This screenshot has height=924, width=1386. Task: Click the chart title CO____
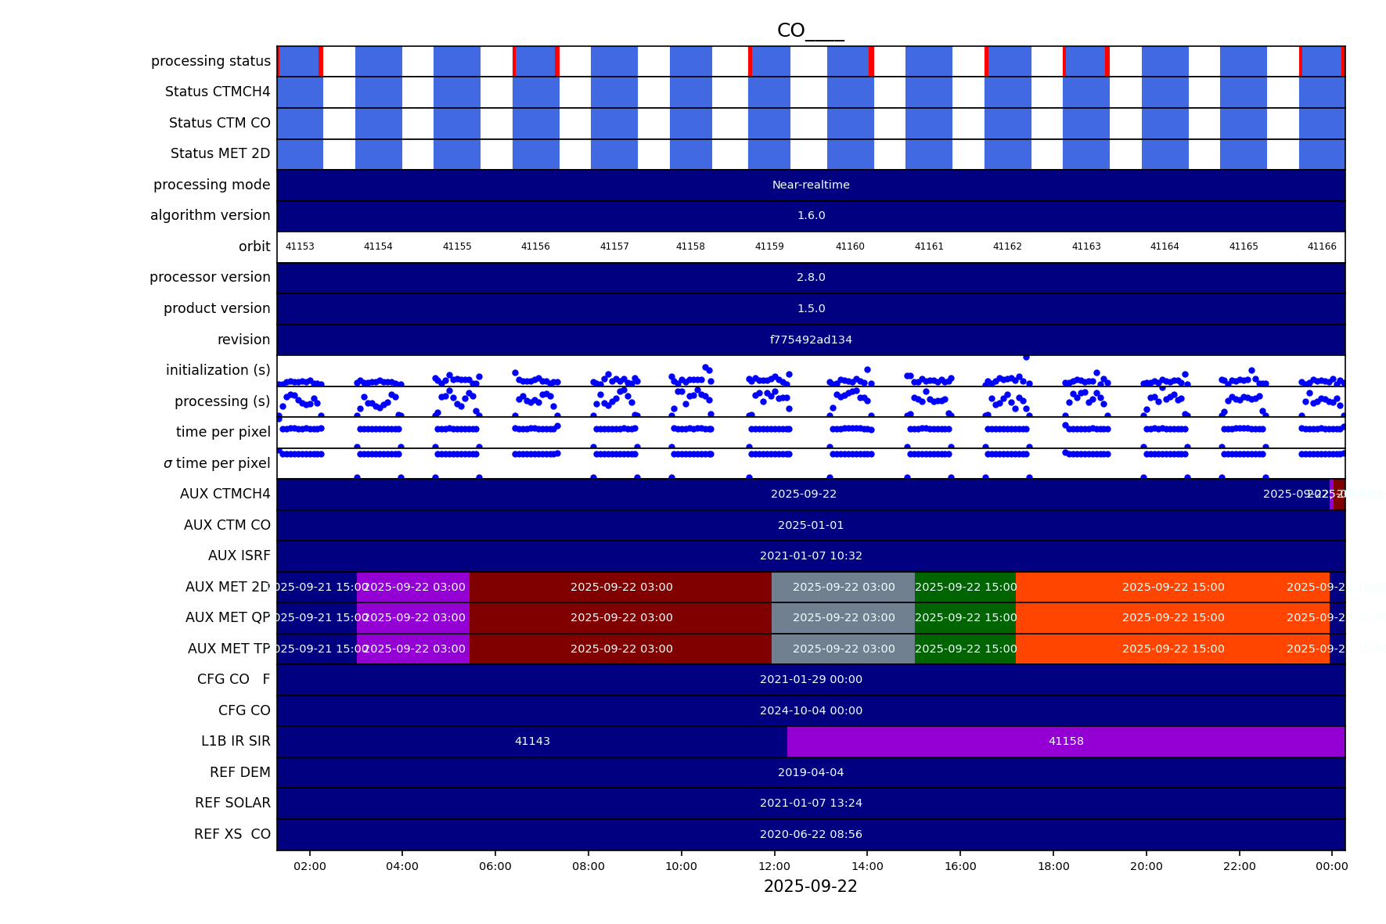pyautogui.click(x=810, y=31)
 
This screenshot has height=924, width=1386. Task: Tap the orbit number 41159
pyautogui.click(x=769, y=246)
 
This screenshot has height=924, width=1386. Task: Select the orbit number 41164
pyautogui.click(x=1165, y=246)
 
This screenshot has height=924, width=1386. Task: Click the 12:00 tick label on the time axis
pyautogui.click(x=774, y=866)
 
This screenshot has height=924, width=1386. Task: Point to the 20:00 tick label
pyautogui.click(x=1146, y=866)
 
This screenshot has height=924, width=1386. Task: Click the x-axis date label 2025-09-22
pyautogui.click(x=810, y=886)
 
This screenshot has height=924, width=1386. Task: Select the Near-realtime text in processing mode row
pyautogui.click(x=811, y=185)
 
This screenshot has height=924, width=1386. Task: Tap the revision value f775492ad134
pyautogui.click(x=811, y=340)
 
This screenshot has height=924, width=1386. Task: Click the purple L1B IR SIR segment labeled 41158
pyautogui.click(x=1066, y=741)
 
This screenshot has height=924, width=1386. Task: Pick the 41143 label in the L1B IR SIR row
pyautogui.click(x=532, y=741)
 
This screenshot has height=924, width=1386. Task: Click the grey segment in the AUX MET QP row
pyautogui.click(x=843, y=617)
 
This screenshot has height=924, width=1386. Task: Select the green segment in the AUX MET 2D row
pyautogui.click(x=965, y=587)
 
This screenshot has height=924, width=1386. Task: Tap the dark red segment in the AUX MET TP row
pyautogui.click(x=621, y=649)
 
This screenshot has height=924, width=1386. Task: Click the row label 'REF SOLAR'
pyautogui.click(x=232, y=803)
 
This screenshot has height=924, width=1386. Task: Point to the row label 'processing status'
pyautogui.click(x=211, y=61)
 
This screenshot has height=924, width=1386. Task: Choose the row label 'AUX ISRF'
pyautogui.click(x=239, y=555)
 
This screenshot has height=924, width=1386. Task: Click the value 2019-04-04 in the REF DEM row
pyautogui.click(x=811, y=772)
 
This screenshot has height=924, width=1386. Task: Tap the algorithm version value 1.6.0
pyautogui.click(x=811, y=215)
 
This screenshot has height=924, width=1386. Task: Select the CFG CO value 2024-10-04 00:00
pyautogui.click(x=811, y=710)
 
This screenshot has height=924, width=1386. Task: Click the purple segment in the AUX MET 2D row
pyautogui.click(x=413, y=587)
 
